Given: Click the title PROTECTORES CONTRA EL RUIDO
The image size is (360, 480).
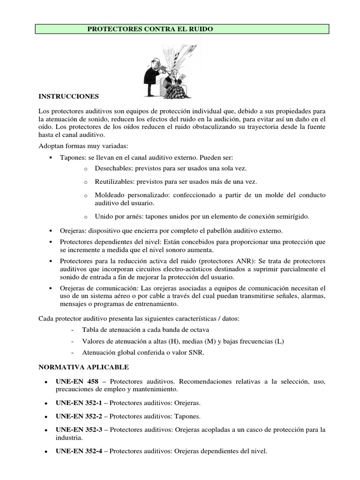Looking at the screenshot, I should point(150,29).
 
